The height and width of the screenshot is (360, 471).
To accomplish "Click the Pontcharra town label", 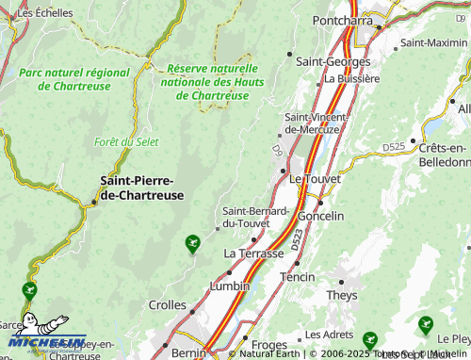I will tap(346, 19).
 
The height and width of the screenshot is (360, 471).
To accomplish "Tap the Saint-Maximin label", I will tap(433, 42).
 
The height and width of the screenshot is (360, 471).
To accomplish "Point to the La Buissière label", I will tap(351, 79).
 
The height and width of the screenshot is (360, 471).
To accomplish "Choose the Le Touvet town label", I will tap(315, 177).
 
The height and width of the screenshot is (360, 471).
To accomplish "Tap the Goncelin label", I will tap(320, 216).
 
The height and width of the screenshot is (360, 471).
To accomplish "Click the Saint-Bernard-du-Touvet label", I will tap(254, 217).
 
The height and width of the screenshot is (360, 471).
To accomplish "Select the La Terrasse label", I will tap(253, 254).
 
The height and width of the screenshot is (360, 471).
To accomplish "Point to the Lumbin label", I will tap(230, 286).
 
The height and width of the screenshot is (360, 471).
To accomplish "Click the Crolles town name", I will tap(168, 304).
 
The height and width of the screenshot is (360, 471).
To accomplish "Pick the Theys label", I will tap(342, 295).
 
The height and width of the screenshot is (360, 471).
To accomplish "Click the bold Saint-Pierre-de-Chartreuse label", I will tap(141, 187).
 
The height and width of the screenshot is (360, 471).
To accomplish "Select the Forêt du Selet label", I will tap(125, 142).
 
